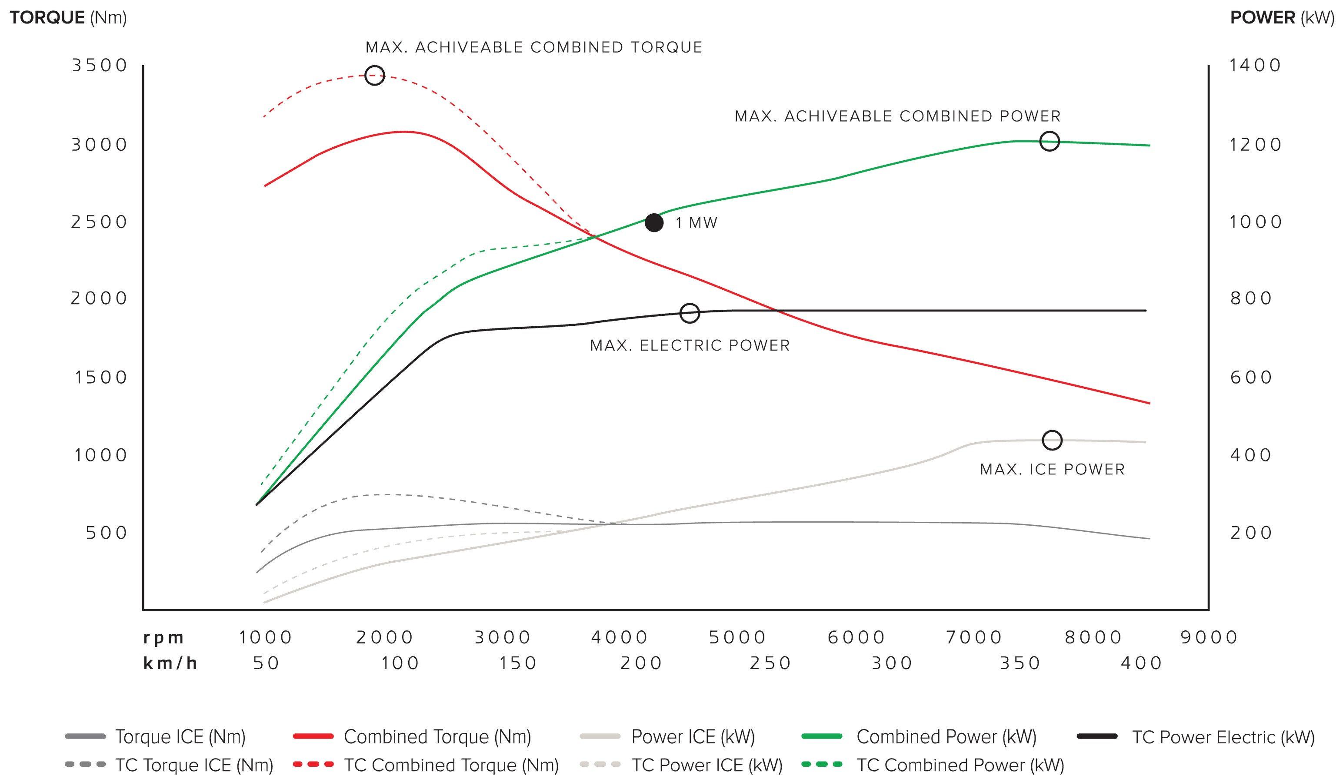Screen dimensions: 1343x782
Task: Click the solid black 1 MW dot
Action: [x=654, y=223]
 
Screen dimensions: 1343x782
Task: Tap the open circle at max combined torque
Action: [x=375, y=66]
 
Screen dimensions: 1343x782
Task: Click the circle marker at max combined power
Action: [x=1050, y=132]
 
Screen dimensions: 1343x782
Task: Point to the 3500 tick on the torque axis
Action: [x=100, y=65]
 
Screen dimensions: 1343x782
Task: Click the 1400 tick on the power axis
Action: [x=1255, y=65]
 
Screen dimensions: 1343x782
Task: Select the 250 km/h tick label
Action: [x=770, y=663]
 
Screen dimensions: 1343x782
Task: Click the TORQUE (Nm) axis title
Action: [x=68, y=17]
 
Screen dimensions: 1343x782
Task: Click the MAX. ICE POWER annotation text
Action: [x=1053, y=469]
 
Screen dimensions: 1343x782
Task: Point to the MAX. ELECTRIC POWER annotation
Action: [x=690, y=345]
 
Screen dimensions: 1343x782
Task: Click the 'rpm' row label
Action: [x=163, y=638]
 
